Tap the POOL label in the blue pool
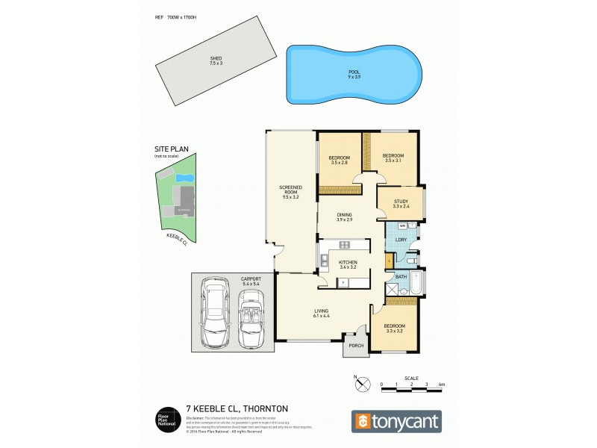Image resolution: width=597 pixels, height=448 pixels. click(x=354, y=73)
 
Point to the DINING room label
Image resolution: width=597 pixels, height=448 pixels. click(x=344, y=217)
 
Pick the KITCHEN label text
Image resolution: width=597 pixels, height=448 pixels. click(x=348, y=262)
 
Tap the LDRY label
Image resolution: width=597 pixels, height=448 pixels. click(x=401, y=240)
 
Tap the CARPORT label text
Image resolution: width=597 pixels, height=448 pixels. click(x=251, y=279)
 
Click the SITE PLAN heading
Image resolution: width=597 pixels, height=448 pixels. click(x=164, y=149)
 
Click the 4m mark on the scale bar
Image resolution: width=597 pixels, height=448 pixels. click(x=442, y=384)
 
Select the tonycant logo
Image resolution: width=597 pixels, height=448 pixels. click(x=396, y=422)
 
